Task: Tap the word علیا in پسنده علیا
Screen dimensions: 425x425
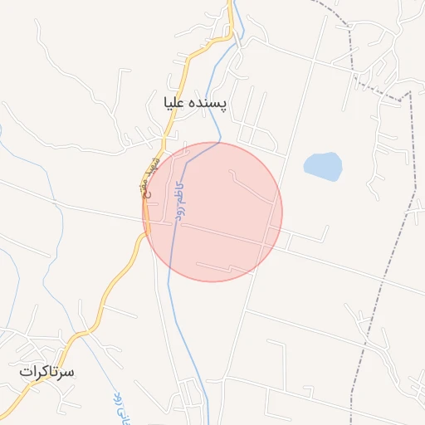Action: pyautogui.click(x=178, y=103)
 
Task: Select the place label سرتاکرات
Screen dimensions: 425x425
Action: pyautogui.click(x=47, y=372)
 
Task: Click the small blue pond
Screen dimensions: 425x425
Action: pyautogui.click(x=323, y=166)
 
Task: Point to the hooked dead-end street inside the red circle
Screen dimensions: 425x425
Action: pyautogui.click(x=249, y=183)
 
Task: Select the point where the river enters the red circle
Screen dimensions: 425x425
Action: pyautogui.click(x=218, y=143)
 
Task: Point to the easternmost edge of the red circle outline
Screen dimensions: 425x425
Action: pyautogui.click(x=282, y=212)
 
